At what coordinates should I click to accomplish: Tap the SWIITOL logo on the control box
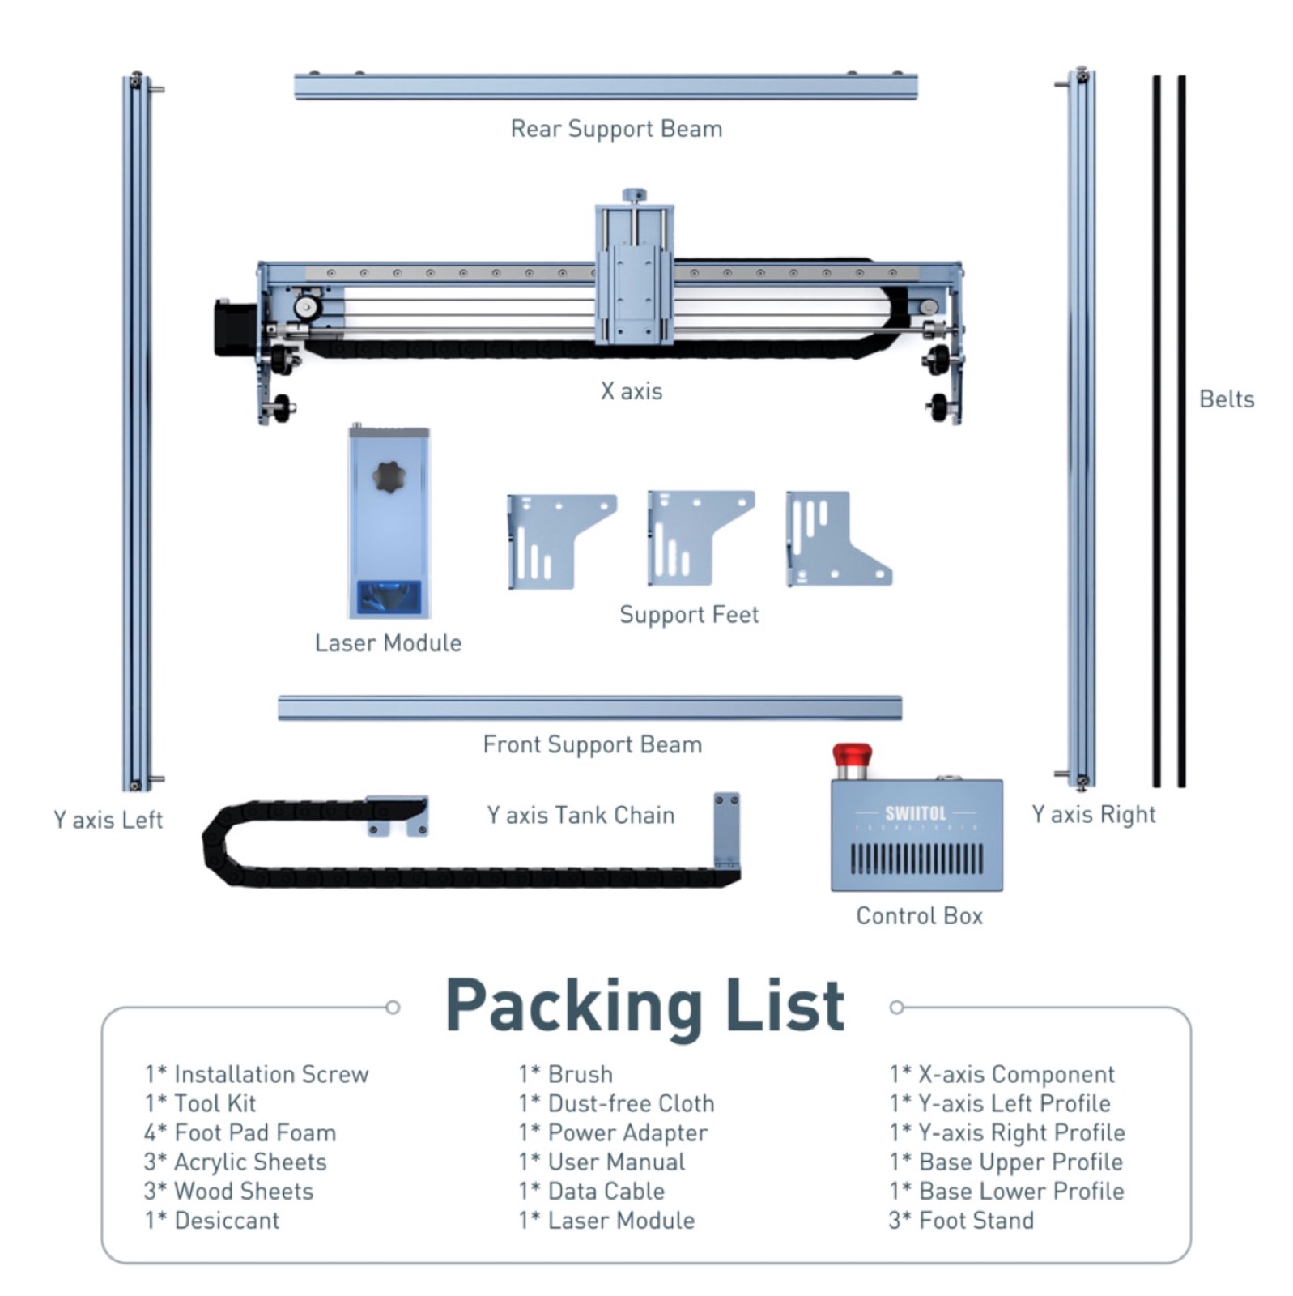tap(915, 812)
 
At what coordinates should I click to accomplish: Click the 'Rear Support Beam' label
tap(616, 129)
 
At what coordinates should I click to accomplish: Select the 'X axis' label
tap(632, 391)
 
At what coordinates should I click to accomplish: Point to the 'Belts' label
tap(1226, 399)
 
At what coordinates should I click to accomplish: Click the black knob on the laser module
tap(389, 477)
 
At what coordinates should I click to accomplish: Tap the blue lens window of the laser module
tap(389, 598)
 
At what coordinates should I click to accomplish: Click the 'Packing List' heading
tap(645, 1006)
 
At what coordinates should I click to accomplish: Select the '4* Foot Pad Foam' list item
tap(240, 1132)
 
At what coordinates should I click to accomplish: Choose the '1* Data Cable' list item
tap(591, 1191)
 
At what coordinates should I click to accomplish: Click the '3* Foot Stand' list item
tap(961, 1220)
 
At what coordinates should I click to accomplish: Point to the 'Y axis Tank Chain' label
tap(581, 815)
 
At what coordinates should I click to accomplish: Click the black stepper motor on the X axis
tap(234, 328)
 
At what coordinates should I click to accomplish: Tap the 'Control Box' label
tap(919, 916)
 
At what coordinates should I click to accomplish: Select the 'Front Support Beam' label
tap(592, 744)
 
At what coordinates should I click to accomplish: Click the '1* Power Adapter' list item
tap(613, 1132)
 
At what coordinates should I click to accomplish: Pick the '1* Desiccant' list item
tap(212, 1220)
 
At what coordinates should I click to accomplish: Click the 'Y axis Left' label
tap(108, 820)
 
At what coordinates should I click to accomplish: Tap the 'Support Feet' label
tap(689, 615)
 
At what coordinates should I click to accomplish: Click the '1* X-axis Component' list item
tap(1002, 1074)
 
